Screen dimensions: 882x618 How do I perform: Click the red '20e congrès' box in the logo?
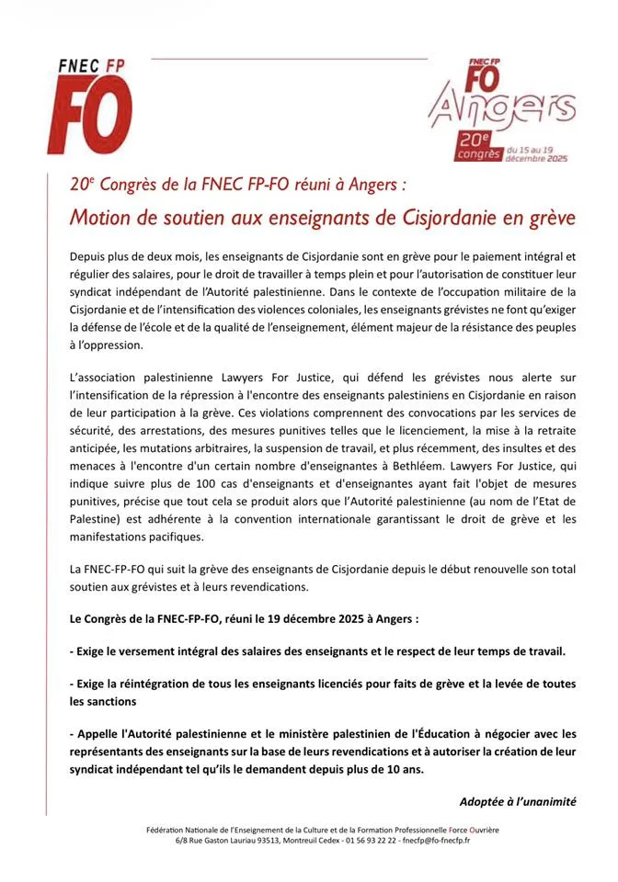(x=477, y=147)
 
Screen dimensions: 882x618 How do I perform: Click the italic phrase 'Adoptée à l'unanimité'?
(x=518, y=801)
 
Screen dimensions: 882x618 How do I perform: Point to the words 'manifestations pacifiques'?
(x=137, y=537)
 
